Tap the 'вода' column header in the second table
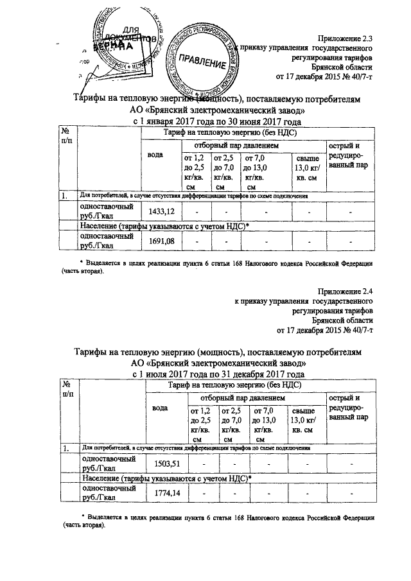(x=160, y=407)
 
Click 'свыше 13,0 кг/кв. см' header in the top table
(x=306, y=168)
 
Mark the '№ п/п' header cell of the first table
(x=66, y=136)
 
